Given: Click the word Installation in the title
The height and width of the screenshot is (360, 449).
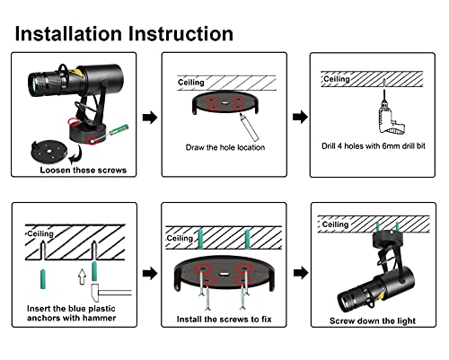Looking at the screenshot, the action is click(68, 33).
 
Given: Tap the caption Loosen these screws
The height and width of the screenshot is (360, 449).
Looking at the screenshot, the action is click(84, 170).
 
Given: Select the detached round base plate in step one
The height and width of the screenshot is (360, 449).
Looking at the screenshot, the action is click(48, 152).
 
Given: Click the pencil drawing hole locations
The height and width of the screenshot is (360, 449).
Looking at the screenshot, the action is click(249, 127).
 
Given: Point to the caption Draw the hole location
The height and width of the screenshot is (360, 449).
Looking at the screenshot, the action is click(225, 147).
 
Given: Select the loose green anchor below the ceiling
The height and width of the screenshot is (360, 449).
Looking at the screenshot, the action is click(44, 279).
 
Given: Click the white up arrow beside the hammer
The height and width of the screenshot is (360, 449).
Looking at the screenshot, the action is click(82, 277).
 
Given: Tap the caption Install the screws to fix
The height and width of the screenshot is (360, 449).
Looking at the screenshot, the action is click(224, 320).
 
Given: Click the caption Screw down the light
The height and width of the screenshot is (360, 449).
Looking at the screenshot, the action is click(373, 320).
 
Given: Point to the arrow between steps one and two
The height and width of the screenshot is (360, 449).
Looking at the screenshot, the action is click(150, 118).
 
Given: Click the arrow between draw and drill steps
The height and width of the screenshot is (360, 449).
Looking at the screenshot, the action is click(300, 117).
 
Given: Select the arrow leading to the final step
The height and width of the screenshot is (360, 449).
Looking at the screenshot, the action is click(301, 273).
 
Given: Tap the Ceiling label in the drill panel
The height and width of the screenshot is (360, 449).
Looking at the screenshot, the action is click(337, 79).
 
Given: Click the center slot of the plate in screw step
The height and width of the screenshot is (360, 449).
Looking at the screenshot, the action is click(224, 273).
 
